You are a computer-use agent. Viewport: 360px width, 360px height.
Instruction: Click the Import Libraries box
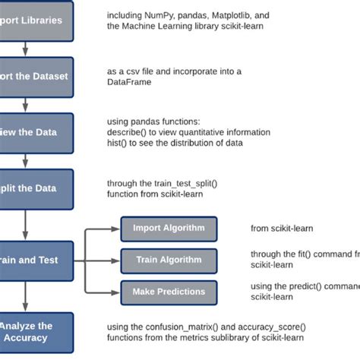pos(36,21)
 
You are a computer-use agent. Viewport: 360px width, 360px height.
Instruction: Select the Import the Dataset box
pos(36,76)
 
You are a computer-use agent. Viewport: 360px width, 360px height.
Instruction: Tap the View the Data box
pos(36,131)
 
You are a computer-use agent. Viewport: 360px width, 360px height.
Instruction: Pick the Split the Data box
pos(36,187)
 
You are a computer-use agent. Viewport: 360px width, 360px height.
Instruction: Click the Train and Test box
pos(36,260)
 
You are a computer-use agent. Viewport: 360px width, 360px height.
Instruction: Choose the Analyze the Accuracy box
pos(36,332)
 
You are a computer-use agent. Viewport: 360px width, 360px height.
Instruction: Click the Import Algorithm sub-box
pos(169,228)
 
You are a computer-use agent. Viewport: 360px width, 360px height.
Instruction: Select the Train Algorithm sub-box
pos(169,260)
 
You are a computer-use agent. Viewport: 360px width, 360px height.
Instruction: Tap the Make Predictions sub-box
pos(169,292)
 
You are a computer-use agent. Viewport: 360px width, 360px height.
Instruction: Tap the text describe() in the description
pos(127,131)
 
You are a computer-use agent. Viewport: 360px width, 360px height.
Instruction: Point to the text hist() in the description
pos(118,142)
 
